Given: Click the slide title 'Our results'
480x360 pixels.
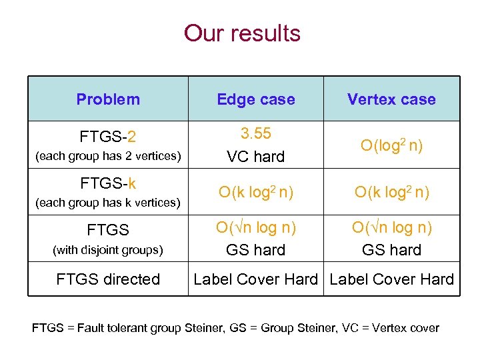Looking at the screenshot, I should pyautogui.click(x=242, y=33).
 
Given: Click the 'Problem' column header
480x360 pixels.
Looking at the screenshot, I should pyautogui.click(x=108, y=99).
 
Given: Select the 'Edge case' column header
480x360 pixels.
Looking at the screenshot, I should pyautogui.click(x=256, y=99).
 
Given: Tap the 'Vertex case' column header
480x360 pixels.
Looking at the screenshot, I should pyautogui.click(x=391, y=99).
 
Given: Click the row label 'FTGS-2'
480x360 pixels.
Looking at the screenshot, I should pyautogui.click(x=108, y=137).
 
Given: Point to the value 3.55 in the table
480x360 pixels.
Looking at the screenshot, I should pyautogui.click(x=256, y=133).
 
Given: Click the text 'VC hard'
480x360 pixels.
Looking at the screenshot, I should pyautogui.click(x=256, y=157).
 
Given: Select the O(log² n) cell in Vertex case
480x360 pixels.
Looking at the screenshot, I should pyautogui.click(x=391, y=145).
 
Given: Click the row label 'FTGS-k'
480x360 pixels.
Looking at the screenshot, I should pyautogui.click(x=108, y=183).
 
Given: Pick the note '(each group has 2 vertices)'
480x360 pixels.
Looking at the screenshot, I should pyautogui.click(x=108, y=157).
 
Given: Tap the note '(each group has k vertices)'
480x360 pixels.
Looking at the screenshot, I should pyautogui.click(x=108, y=202).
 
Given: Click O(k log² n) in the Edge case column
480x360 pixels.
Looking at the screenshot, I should pyautogui.click(x=256, y=193).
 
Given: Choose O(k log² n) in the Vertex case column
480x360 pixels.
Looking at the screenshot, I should pyautogui.click(x=391, y=193).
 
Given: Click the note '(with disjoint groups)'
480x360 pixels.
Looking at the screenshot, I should pyautogui.click(x=108, y=250).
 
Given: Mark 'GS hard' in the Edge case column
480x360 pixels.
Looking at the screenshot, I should pyautogui.click(x=256, y=250).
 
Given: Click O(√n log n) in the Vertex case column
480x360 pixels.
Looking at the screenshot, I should pyautogui.click(x=391, y=227).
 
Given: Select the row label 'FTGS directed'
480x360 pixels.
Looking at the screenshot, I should pyautogui.click(x=108, y=279).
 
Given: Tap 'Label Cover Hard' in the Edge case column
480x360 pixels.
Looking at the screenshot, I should pyautogui.click(x=256, y=279).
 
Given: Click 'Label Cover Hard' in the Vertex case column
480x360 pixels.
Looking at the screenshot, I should pyautogui.click(x=391, y=279).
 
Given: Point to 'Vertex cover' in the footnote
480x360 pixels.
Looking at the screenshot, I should pyautogui.click(x=407, y=328).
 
